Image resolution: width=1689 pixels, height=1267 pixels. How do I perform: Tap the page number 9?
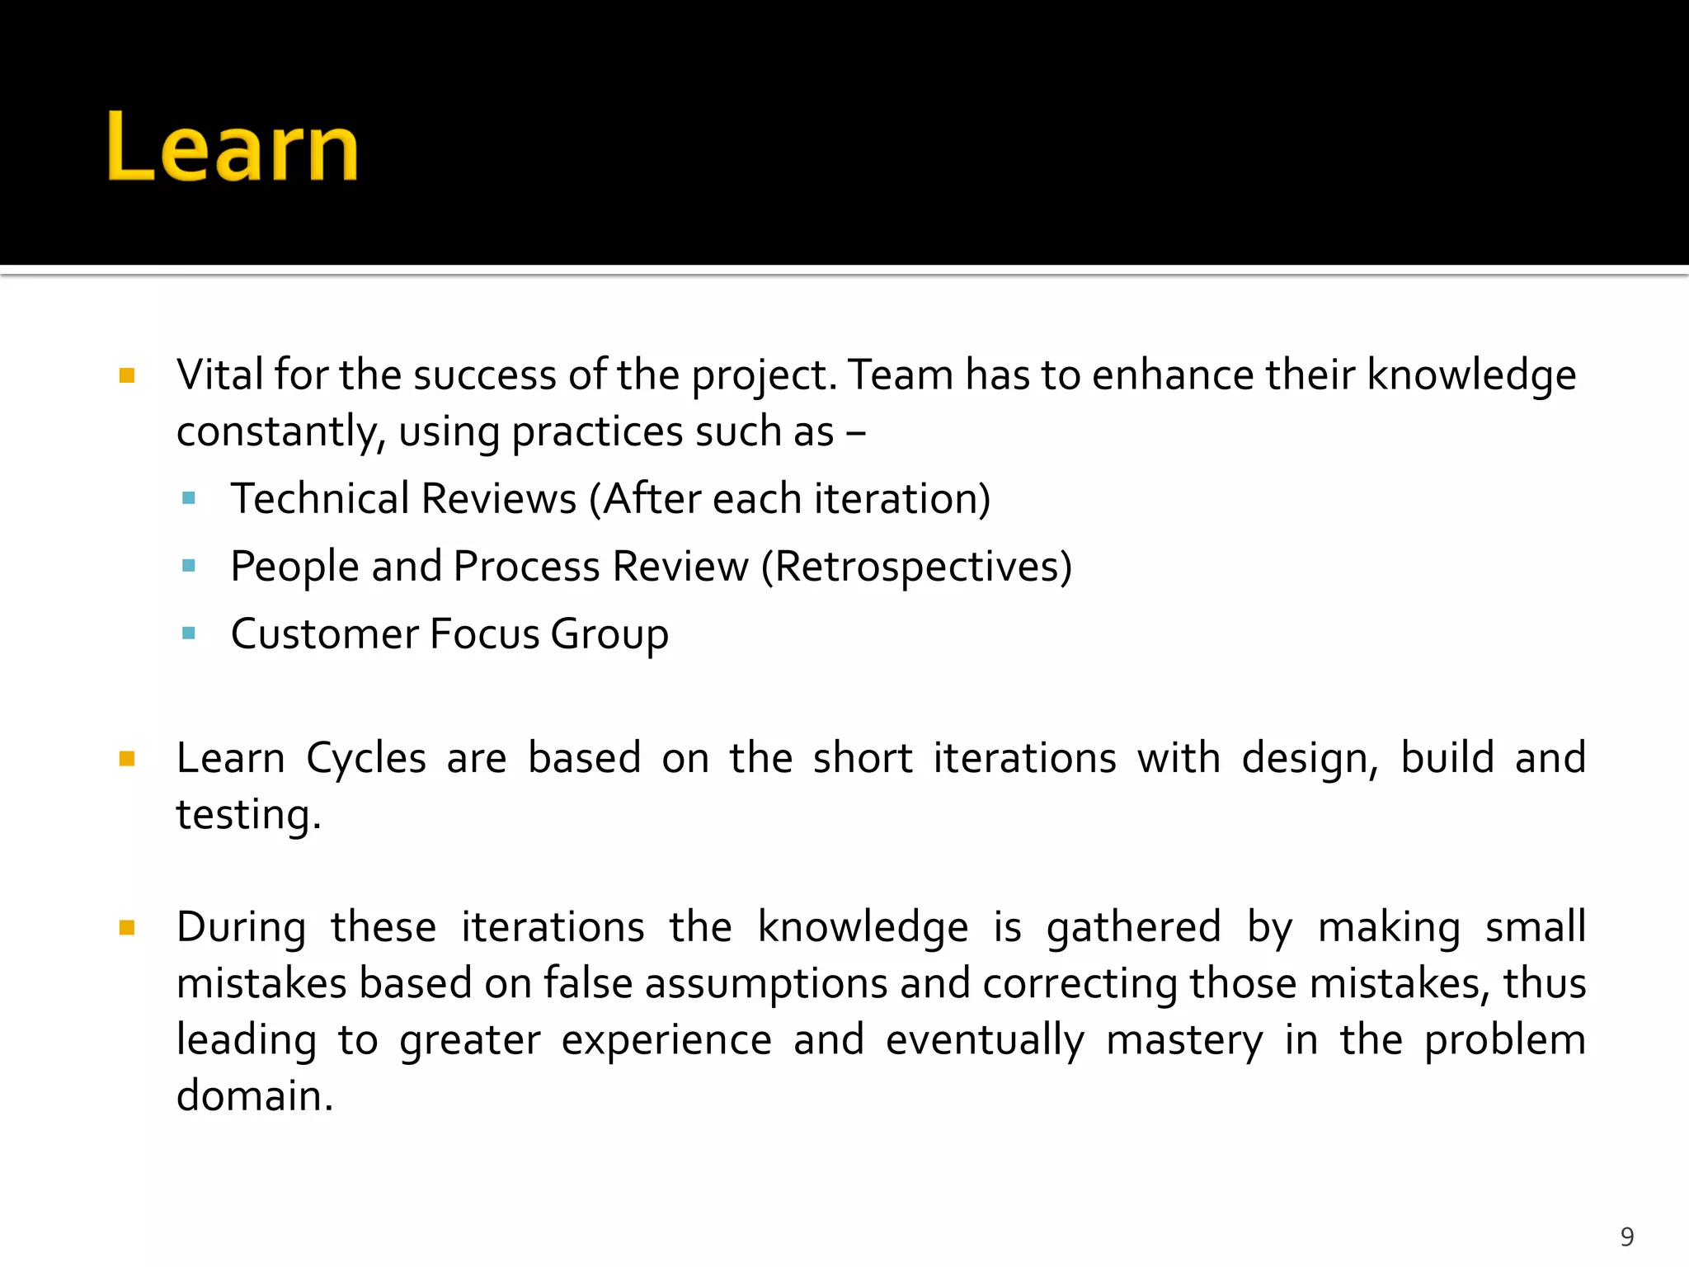click(x=1626, y=1236)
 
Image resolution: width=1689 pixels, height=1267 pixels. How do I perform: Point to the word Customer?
click(x=325, y=634)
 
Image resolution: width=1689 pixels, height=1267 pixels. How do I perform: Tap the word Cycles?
click(x=366, y=758)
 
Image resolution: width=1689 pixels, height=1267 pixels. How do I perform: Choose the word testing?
click(x=248, y=815)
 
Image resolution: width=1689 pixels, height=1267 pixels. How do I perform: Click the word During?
click(x=241, y=927)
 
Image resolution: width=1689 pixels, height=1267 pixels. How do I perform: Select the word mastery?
click(x=1183, y=1040)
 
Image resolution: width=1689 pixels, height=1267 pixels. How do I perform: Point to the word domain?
click(x=254, y=1096)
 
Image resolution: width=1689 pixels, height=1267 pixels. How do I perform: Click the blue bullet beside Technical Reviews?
click(x=189, y=498)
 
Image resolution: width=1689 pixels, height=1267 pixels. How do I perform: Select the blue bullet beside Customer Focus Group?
click(x=189, y=633)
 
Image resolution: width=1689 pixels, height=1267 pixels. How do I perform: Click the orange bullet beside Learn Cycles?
click(x=127, y=759)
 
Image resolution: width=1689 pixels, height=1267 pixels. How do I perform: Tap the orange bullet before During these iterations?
click(x=127, y=928)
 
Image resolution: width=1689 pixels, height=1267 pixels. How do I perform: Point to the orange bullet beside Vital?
click(x=127, y=376)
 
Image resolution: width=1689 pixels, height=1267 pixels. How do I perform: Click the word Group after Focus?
click(x=609, y=634)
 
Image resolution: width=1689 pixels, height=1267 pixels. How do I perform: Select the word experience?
click(x=666, y=1040)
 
